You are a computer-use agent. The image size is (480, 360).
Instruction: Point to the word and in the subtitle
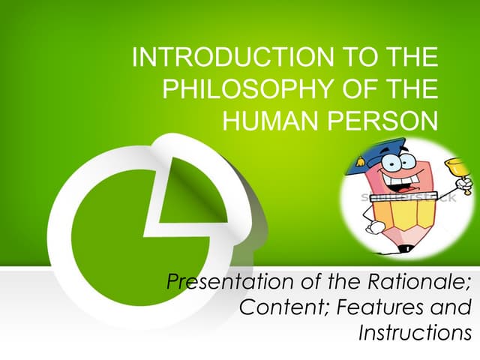451,307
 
